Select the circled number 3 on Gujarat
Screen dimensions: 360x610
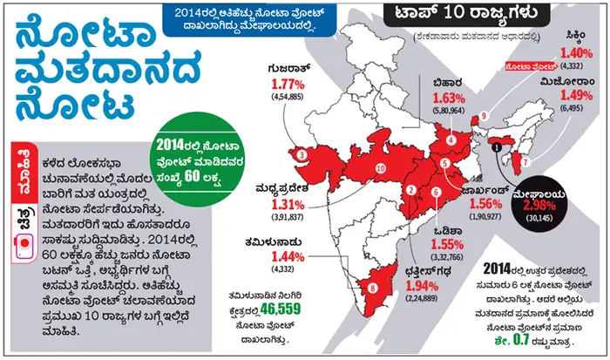coord(301,155)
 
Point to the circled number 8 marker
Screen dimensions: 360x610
coord(373,284)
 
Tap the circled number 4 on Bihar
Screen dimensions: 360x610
coord(451,139)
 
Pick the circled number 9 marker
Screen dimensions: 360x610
coord(484,116)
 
